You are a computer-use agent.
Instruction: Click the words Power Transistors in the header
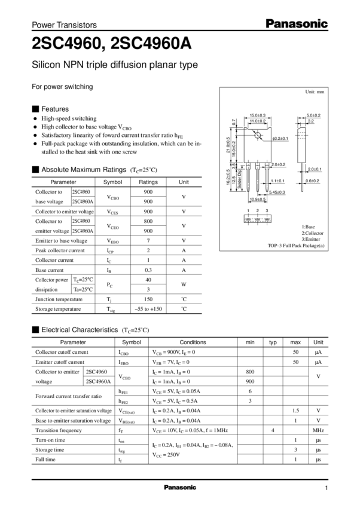64,26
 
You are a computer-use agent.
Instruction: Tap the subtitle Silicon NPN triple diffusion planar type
114,65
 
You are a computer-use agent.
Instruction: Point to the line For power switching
62,87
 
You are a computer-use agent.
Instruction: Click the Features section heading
54,109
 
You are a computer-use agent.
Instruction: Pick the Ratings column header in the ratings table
148,182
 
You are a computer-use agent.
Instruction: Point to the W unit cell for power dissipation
184,284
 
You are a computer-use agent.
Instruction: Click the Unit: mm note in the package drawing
315,91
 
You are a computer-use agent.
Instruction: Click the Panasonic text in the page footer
179,487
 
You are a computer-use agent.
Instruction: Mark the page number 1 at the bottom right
327,487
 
